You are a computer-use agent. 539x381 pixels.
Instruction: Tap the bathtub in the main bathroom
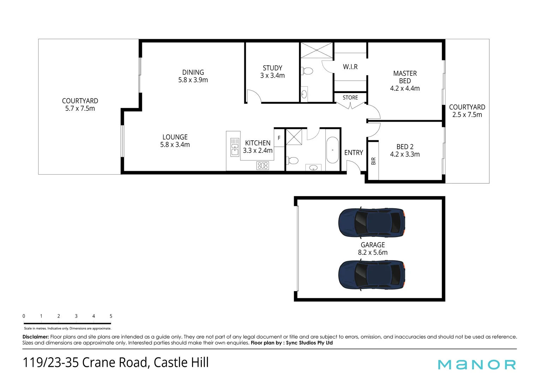332,150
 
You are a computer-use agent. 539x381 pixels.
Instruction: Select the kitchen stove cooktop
263,165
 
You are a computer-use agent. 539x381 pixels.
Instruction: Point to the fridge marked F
279,138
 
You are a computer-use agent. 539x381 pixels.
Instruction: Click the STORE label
350,98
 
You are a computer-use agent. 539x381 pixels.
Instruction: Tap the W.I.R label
350,67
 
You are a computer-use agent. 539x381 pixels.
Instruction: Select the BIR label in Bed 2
373,161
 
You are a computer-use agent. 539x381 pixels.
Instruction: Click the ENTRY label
353,153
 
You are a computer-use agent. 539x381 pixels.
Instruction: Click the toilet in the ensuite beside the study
307,71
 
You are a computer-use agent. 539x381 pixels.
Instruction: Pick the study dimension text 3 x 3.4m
272,75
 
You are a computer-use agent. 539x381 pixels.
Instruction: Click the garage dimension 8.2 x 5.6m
372,253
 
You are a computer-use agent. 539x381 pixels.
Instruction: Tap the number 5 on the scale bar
111,316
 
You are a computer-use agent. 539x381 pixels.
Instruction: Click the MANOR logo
477,364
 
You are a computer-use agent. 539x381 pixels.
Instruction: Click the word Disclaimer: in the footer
36,337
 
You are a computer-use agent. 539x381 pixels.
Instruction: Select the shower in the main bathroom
294,137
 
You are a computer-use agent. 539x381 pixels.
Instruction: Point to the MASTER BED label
405,77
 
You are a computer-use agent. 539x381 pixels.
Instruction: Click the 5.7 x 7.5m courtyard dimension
80,109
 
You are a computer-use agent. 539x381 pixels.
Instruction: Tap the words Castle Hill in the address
181,363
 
